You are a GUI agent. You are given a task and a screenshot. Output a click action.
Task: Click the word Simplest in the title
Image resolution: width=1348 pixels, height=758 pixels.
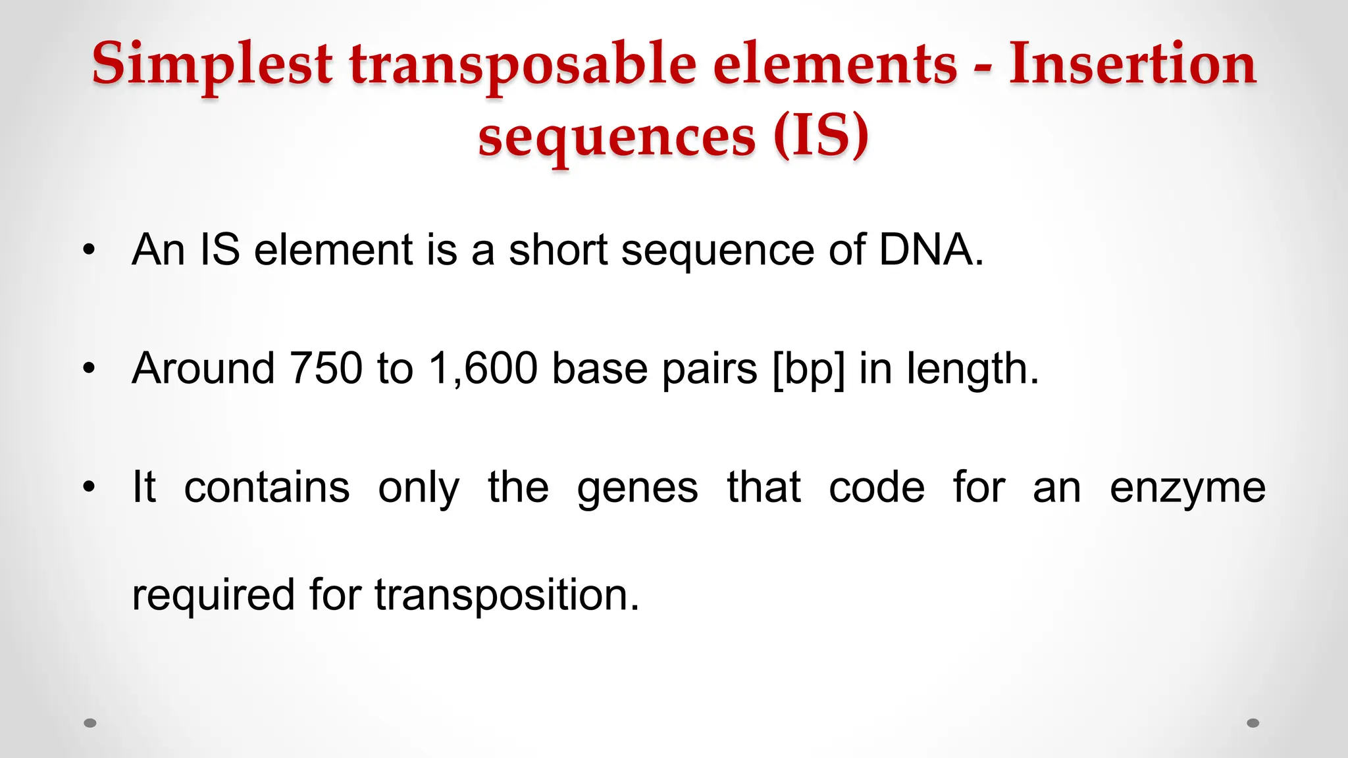[x=212, y=64]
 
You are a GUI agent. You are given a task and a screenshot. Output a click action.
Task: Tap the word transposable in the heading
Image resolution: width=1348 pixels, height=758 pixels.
[x=523, y=64]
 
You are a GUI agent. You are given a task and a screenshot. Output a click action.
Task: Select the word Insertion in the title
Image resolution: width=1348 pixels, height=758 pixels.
[x=1132, y=64]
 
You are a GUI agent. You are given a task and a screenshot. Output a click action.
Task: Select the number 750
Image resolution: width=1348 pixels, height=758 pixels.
[x=326, y=368]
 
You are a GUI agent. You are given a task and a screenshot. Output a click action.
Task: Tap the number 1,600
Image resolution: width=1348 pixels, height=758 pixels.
[x=483, y=368]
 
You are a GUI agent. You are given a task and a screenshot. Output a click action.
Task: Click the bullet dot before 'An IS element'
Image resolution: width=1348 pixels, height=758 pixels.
[x=89, y=250]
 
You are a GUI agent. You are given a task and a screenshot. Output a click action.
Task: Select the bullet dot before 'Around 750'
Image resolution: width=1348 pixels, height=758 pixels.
[x=89, y=368]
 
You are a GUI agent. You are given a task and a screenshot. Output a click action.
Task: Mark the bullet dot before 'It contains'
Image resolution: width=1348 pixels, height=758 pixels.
[x=89, y=488]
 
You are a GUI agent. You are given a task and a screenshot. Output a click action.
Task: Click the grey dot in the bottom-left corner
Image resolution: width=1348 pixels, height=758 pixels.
[x=90, y=723]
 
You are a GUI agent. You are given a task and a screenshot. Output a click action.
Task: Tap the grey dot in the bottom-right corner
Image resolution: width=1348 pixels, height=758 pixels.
[x=1253, y=723]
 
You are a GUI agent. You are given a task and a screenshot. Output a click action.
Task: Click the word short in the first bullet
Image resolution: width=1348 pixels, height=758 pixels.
[x=558, y=250]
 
